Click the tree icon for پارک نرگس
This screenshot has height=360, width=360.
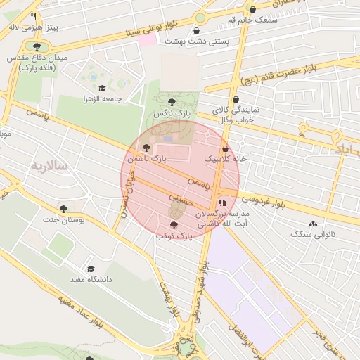tap(172, 102)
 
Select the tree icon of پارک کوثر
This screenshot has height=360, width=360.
tap(174, 225)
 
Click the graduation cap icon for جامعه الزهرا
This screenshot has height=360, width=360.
tap(102, 89)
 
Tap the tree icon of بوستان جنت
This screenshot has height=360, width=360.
tap(64, 209)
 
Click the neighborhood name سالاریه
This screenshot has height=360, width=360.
tap(49, 166)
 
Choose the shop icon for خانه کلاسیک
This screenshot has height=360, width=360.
tap(225, 149)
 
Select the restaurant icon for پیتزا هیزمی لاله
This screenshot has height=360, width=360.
tap(33, 16)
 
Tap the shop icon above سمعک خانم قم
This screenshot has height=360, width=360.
tap(252, 10)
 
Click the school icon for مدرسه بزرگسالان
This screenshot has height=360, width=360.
tap(223, 202)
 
